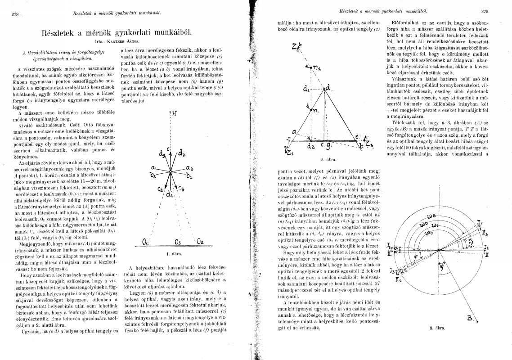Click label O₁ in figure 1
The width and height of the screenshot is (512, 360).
point(145,242)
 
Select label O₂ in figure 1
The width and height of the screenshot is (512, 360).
point(200,242)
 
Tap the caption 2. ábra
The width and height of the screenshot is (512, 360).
point(329,159)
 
